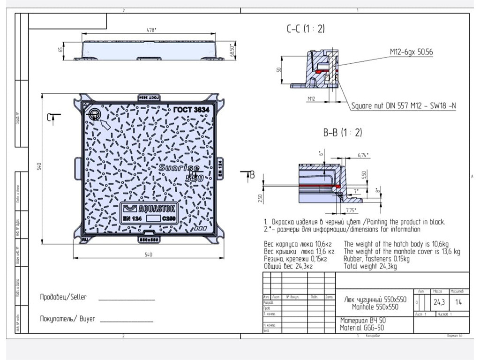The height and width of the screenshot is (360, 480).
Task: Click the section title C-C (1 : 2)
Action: [x=306, y=29]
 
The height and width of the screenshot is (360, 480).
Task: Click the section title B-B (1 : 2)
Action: [x=342, y=133]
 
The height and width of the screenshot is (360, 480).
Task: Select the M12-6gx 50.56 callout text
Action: [x=411, y=52]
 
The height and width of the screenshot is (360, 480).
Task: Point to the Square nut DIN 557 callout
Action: [x=404, y=106]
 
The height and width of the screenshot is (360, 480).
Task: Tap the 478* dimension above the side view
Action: [x=152, y=30]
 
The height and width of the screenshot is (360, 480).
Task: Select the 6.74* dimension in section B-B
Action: [x=363, y=155]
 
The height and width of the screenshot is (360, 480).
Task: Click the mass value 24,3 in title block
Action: [x=439, y=302]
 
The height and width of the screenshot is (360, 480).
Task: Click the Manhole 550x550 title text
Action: [x=375, y=307]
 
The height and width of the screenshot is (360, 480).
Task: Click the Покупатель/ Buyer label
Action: [x=67, y=319]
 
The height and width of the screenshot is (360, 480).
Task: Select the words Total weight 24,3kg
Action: [x=370, y=266]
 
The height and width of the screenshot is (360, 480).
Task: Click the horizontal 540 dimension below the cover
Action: [x=148, y=255]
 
